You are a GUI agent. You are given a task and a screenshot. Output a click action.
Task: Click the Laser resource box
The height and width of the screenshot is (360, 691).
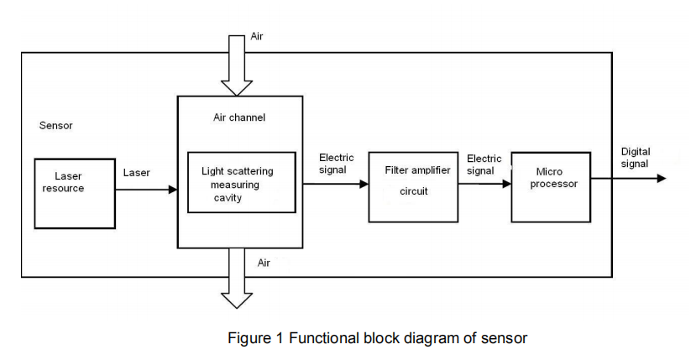click(75, 193)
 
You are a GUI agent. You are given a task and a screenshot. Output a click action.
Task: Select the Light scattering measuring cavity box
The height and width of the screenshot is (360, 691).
click(242, 183)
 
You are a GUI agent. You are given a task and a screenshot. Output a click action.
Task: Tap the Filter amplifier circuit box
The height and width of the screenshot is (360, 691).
click(414, 187)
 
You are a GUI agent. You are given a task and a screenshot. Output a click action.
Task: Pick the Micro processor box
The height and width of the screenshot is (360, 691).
click(550, 187)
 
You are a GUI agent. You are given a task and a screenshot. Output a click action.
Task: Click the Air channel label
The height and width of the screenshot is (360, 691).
click(239, 117)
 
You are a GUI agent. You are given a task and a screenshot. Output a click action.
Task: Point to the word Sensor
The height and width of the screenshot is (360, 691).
click(56, 126)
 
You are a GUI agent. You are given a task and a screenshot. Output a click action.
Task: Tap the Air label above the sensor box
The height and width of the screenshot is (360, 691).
click(257, 37)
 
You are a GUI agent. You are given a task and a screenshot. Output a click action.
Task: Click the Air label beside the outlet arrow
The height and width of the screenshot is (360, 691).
click(264, 263)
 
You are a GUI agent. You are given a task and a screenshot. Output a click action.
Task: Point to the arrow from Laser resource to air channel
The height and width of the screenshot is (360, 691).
click(146, 190)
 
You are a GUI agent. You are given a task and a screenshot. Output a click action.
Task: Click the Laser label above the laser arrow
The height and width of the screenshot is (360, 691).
click(137, 173)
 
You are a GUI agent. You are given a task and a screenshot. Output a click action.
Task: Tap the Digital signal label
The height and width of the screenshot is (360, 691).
click(636, 158)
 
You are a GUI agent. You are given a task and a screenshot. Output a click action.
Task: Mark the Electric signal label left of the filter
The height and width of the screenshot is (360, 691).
click(337, 163)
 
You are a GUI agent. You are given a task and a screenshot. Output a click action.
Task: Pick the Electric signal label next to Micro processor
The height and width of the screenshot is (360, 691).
click(484, 164)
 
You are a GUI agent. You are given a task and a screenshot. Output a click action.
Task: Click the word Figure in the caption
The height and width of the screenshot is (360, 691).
click(247, 338)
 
